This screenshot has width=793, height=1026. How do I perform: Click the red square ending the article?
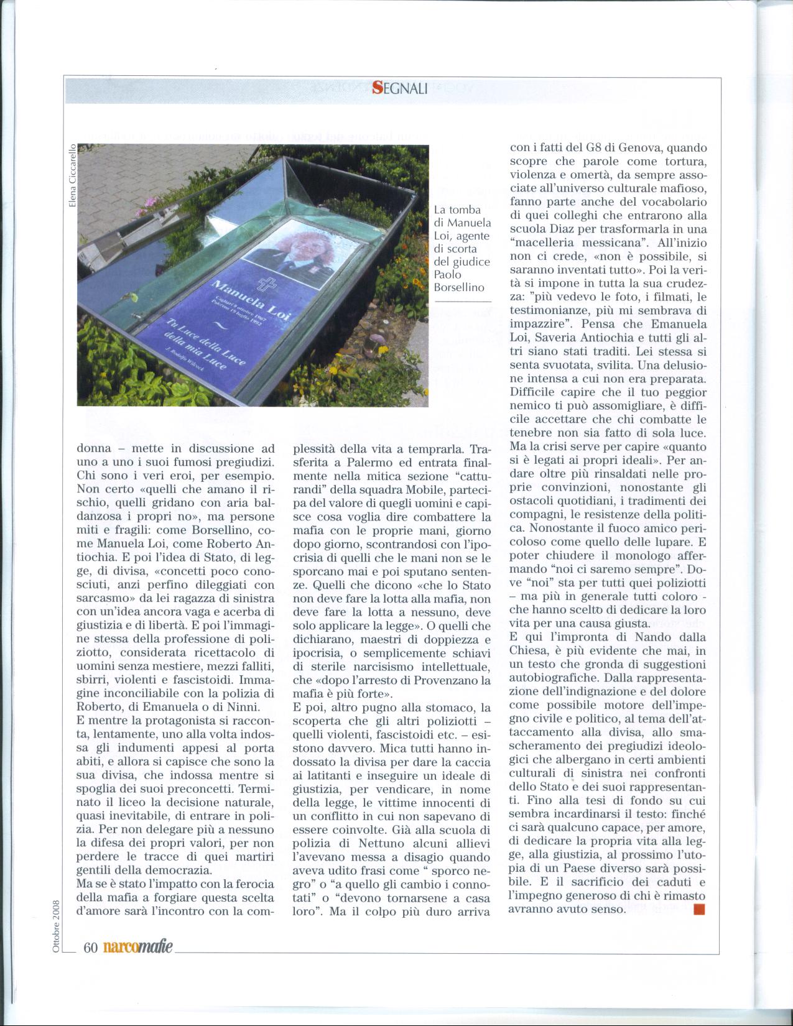[698, 909]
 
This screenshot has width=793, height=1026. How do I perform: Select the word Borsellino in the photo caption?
[459, 288]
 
